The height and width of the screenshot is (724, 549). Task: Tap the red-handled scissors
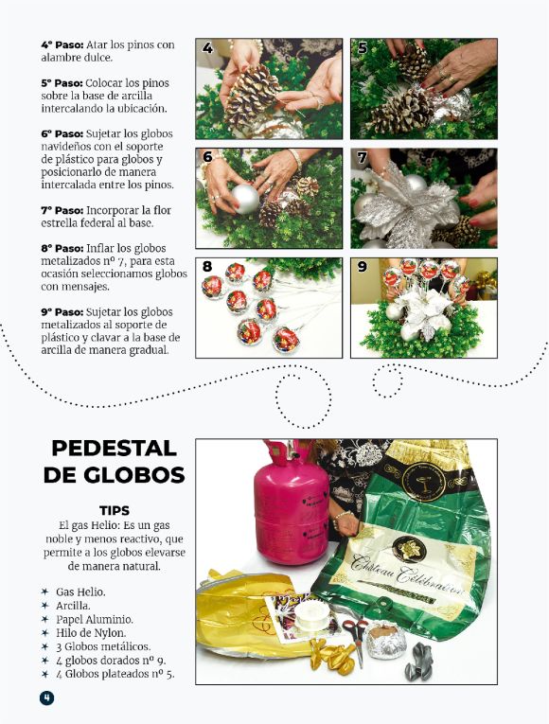pyautogui.click(x=352, y=633)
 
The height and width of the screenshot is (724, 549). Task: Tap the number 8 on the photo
pyautogui.click(x=207, y=268)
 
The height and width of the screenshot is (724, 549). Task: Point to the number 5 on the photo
pyautogui.click(x=363, y=47)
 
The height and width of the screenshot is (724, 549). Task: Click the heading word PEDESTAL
pyautogui.click(x=115, y=448)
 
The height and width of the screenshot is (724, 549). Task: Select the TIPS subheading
pyautogui.click(x=115, y=510)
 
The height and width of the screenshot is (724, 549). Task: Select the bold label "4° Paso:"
pyautogui.click(x=64, y=44)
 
